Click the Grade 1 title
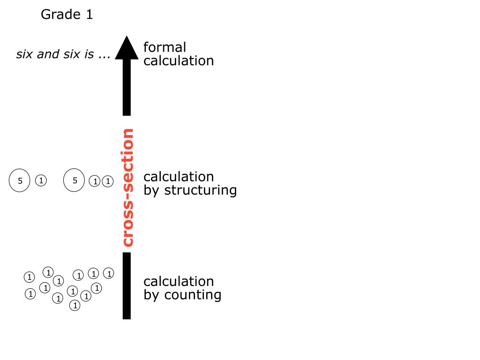(x=67, y=15)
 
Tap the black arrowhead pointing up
(x=127, y=48)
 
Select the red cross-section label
(x=127, y=187)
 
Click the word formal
(x=165, y=47)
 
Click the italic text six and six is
(x=63, y=54)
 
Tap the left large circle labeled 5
(x=20, y=181)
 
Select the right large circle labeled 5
(x=75, y=180)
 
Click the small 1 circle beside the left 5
(x=41, y=180)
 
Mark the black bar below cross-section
(x=127, y=285)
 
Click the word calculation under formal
(x=179, y=60)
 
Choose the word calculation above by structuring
(x=179, y=177)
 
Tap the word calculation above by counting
(x=179, y=281)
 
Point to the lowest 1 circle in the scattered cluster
(x=75, y=306)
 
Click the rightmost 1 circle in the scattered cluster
(x=109, y=273)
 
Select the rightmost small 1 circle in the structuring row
(x=108, y=181)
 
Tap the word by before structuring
(x=151, y=190)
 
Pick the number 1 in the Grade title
(x=89, y=15)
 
